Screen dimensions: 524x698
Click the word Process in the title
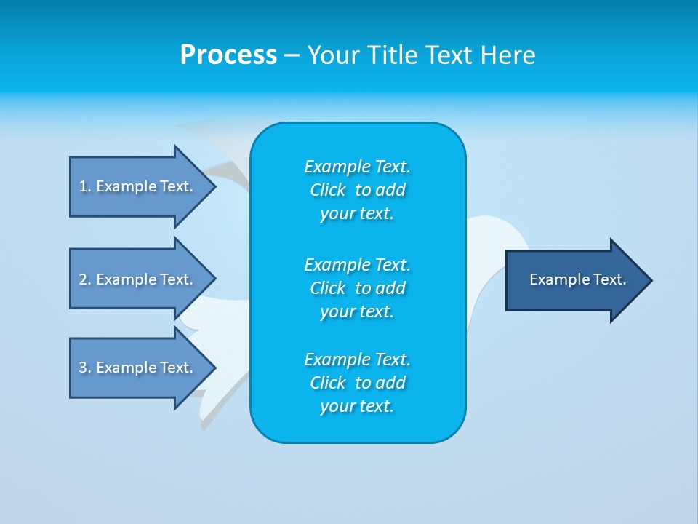pos(228,55)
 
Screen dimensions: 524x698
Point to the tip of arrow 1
pos(214,186)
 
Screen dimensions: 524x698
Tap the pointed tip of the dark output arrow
pos(651,280)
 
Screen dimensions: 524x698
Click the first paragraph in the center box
pos(357,190)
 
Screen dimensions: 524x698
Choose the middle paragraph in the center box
pos(357,287)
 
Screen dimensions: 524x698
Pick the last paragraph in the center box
pos(357,383)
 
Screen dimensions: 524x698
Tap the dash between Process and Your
pos(292,55)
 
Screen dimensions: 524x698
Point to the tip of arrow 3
pos(214,368)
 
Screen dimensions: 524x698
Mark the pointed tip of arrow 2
pos(214,279)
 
